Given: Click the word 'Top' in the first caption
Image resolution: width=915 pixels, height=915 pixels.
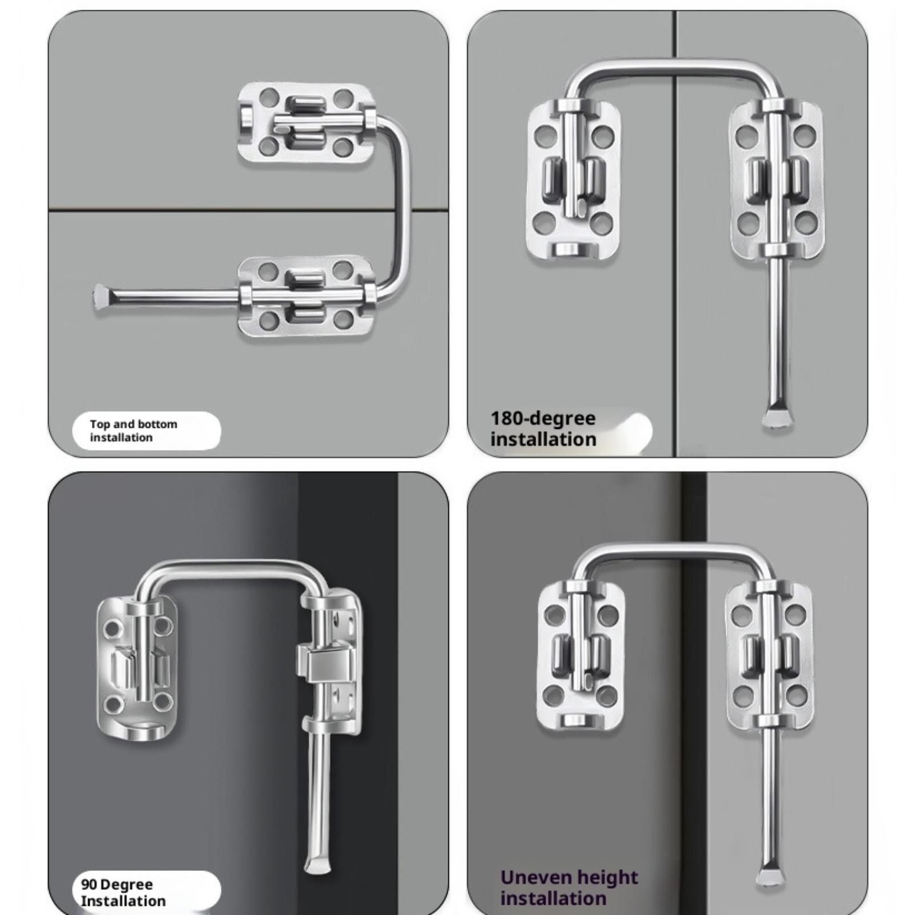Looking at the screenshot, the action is [x=100, y=424].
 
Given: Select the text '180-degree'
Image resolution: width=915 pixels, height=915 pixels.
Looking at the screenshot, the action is [x=543, y=419].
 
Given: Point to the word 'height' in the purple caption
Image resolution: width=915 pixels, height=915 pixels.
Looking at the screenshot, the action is [x=607, y=878].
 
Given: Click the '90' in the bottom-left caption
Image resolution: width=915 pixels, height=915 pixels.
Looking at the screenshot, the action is [x=89, y=884].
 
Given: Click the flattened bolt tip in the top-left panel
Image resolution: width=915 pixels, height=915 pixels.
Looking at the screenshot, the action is [x=101, y=299].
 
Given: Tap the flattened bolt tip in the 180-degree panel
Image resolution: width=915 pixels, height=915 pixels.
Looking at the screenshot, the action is [x=778, y=418].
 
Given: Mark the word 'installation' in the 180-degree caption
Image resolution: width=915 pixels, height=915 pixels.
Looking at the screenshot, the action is [x=543, y=439].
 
